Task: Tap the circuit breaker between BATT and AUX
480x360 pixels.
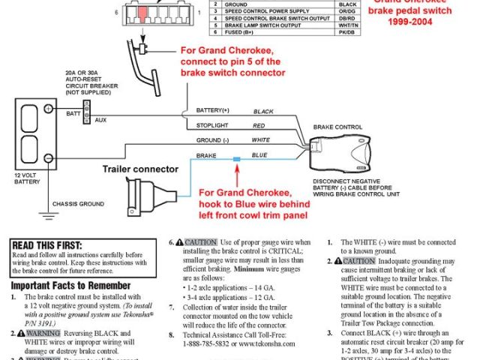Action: (88, 112)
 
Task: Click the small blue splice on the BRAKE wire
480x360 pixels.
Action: (236, 160)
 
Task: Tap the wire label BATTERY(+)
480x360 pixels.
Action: (213, 109)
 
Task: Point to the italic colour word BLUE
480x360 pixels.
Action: (259, 155)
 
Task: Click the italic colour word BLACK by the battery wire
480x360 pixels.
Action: (264, 110)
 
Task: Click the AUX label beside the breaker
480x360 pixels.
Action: (101, 119)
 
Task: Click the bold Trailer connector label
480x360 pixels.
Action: (140, 169)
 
